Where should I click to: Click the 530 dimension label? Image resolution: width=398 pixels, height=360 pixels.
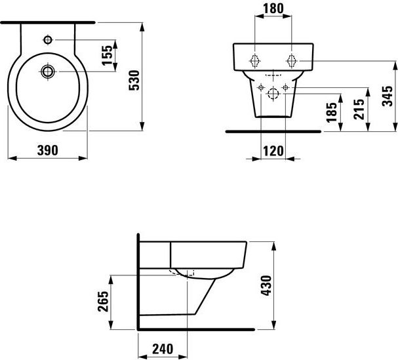(x=134, y=80)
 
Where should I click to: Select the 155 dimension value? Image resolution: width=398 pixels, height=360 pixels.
(x=107, y=55)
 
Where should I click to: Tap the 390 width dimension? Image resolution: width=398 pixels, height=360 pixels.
(x=47, y=150)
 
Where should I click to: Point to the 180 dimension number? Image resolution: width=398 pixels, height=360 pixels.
(x=273, y=9)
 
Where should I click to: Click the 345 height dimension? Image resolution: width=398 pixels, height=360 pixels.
(x=388, y=96)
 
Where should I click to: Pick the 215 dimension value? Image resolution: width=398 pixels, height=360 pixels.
(x=359, y=109)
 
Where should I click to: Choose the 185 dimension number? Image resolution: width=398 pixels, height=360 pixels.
(x=332, y=112)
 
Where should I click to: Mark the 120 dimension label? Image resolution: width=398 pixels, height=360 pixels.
(x=273, y=151)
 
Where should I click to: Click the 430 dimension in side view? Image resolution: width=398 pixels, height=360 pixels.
(x=266, y=285)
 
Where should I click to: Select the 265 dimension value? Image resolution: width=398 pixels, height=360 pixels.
(x=103, y=302)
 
